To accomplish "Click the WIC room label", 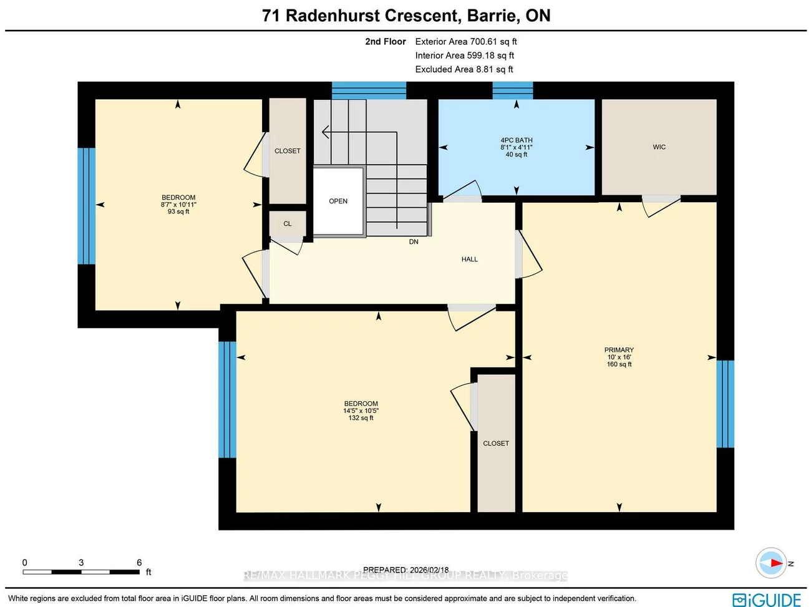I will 659,147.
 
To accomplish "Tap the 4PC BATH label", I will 516,140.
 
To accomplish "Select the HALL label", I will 469,260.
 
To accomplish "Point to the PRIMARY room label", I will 619,350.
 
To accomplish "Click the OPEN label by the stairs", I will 338,202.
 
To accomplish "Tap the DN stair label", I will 414,242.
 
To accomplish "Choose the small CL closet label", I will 287,224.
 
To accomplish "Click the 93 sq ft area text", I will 178,212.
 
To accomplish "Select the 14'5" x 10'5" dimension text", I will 361,411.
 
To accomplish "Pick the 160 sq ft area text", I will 619,364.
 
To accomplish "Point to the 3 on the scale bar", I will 81,563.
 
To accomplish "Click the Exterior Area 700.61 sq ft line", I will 466,42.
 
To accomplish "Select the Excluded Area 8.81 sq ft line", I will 464,69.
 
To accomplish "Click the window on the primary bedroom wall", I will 725,404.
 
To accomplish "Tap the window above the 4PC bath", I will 513,90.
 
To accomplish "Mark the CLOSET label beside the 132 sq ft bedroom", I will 496,444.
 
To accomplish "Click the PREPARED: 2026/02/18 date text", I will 405,570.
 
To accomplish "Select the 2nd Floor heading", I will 385,42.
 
